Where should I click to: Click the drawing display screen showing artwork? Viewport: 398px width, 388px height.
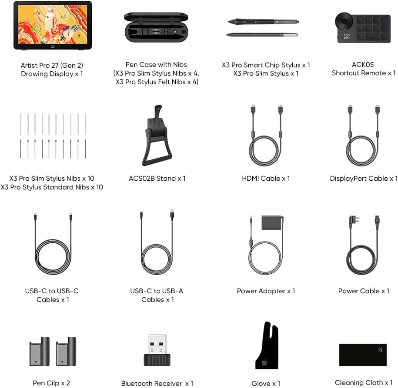(53, 25)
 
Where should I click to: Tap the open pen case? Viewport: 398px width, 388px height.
(156, 28)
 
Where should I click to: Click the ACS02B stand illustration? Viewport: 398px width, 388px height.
(157, 136)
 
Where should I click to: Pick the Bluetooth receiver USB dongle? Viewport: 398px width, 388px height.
(157, 350)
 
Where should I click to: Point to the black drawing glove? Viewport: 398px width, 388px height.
(267, 345)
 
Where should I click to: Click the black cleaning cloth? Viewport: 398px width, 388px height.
(363, 355)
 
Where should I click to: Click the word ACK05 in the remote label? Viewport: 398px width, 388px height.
(363, 64)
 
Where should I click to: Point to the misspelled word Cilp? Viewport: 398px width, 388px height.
(52, 383)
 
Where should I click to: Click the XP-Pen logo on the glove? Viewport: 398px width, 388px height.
(264, 363)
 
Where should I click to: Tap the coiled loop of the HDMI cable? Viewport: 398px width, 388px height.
(266, 151)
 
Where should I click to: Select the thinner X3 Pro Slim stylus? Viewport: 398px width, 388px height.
(262, 35)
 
